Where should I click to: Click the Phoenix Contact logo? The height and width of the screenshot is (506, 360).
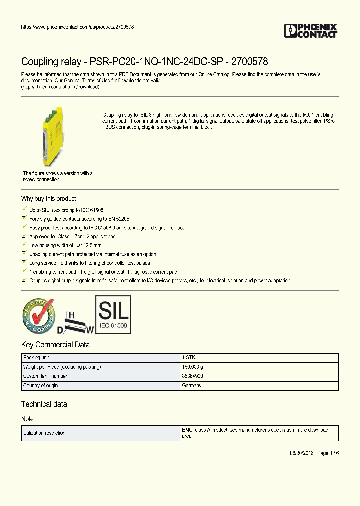311,31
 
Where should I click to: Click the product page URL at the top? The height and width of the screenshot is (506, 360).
77,27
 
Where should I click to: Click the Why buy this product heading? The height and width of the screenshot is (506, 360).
48,198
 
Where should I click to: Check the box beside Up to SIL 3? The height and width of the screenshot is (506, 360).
24,210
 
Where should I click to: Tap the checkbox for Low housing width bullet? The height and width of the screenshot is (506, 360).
24,245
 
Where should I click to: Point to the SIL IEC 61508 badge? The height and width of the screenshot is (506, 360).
113,314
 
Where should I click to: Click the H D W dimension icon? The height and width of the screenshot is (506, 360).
75,323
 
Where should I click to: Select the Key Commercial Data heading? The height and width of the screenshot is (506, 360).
55,345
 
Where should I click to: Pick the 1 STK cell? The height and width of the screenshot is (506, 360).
188,358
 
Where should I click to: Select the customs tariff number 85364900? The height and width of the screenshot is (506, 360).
193,376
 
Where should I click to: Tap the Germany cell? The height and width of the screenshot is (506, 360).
192,385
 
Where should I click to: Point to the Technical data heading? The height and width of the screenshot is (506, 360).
44,404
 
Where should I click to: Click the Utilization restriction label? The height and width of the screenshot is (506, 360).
44,433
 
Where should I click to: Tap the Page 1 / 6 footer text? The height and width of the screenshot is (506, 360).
328,453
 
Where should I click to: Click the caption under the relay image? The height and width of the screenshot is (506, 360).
57,176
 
